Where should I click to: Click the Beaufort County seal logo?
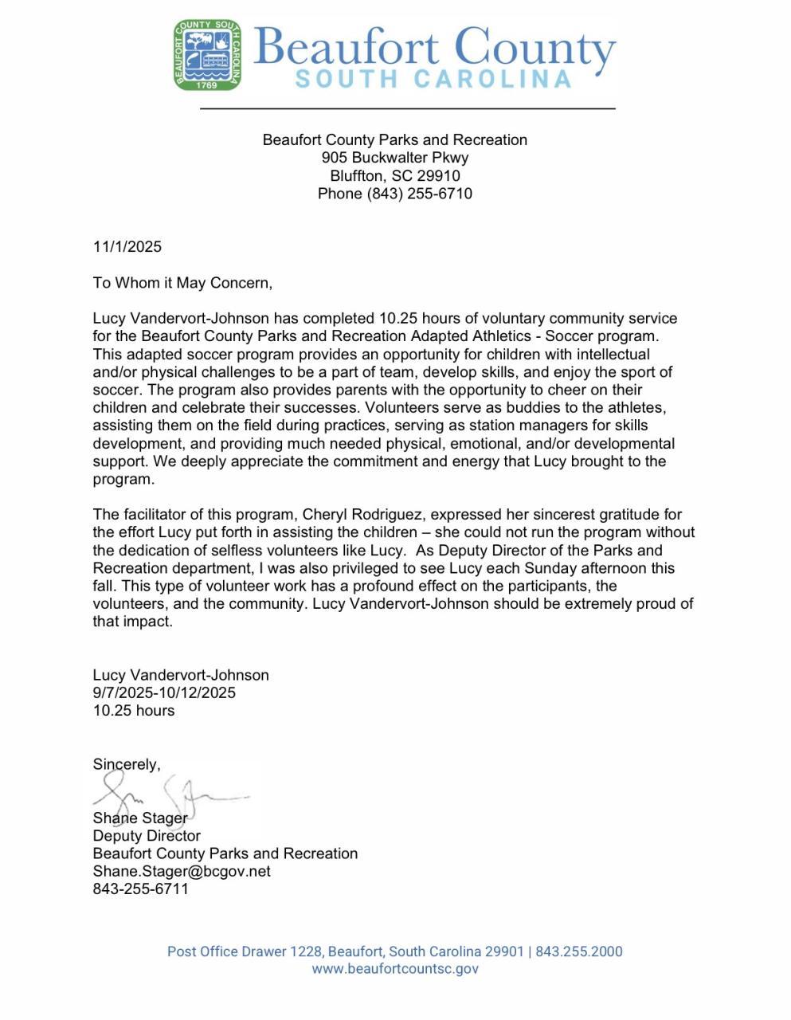[208, 55]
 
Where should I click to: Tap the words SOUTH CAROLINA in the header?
[433, 79]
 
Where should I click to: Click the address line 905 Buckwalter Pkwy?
[394, 158]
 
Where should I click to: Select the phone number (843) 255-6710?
[419, 194]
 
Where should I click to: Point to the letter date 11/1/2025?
[127, 246]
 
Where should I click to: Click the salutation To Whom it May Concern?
[182, 282]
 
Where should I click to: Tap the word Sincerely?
[126, 764]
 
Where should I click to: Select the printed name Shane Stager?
[140, 818]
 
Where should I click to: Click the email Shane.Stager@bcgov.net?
[182, 871]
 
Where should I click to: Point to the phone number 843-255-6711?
[141, 889]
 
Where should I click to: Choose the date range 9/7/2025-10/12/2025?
[164, 692]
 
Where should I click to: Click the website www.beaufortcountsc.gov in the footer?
[395, 969]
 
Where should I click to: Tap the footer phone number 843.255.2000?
[579, 951]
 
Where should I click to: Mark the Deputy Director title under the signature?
[147, 836]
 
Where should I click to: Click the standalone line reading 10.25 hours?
[134, 710]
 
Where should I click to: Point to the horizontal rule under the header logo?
[407, 108]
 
